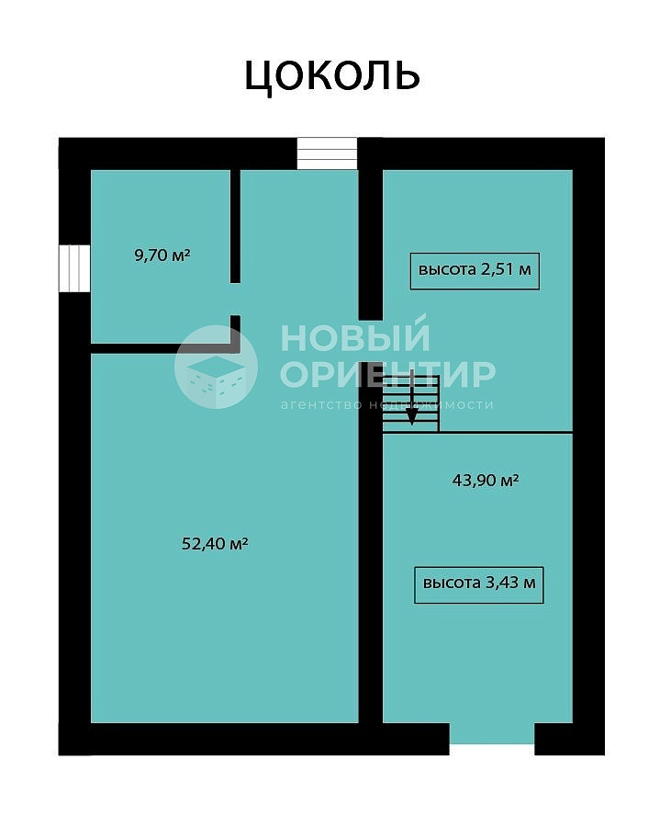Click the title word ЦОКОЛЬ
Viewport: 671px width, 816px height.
331,76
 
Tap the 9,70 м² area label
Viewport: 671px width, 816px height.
162,255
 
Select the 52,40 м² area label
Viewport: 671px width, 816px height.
214,544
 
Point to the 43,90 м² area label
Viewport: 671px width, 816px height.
486,480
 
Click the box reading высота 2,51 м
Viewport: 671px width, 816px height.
475,270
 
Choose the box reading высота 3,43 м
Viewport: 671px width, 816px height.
478,585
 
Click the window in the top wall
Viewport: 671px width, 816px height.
327,153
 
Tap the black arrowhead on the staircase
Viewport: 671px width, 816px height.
411,417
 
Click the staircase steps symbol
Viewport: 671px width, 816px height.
411,403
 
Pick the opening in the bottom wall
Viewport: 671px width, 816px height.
492,739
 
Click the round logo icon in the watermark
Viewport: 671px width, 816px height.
216,367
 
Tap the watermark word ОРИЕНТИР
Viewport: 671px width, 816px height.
387,373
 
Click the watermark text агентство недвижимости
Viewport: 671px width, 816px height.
386,404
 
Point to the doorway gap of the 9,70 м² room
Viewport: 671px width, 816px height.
235,300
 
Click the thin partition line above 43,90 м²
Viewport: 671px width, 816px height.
477,432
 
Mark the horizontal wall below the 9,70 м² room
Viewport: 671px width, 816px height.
165,348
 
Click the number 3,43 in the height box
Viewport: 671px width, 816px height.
501,583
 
